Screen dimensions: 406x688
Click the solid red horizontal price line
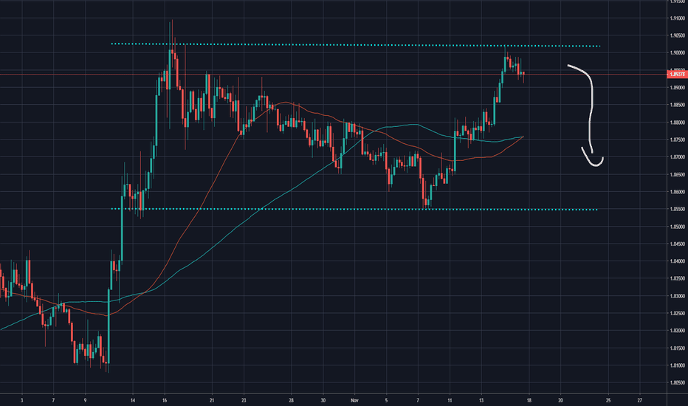click(x=295, y=75)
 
